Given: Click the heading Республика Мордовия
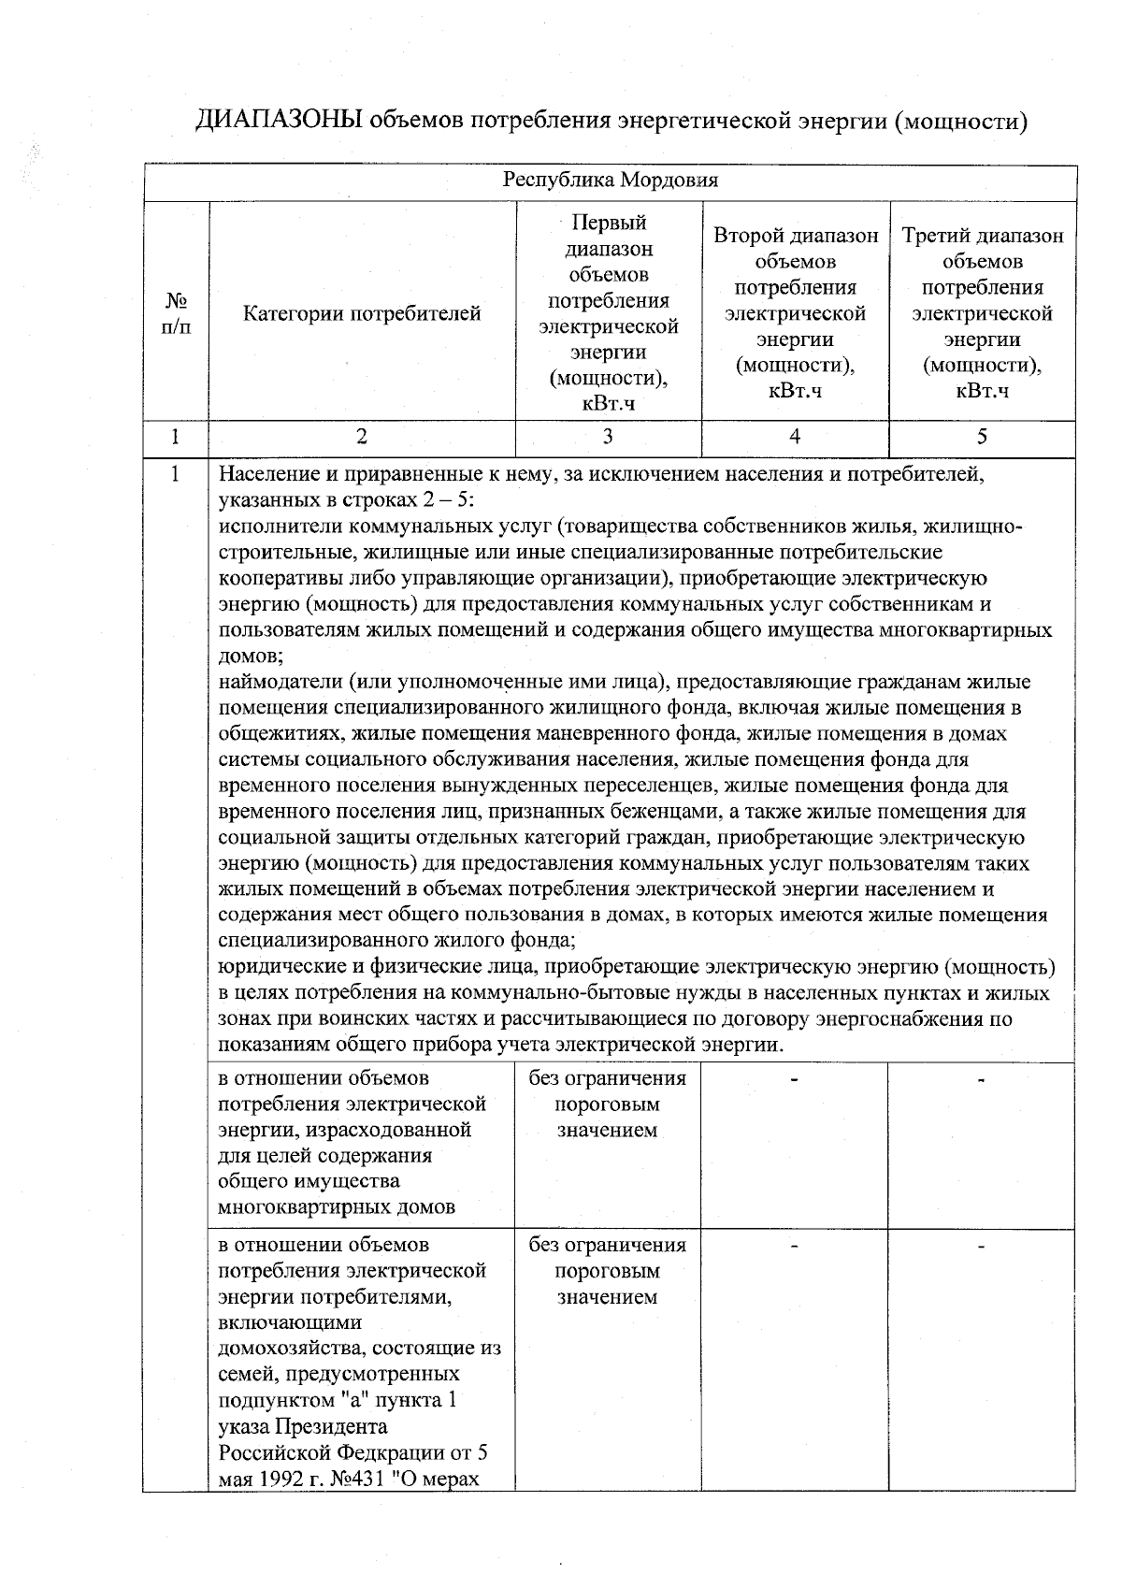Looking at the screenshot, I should tap(611, 180).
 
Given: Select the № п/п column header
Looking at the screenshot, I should tap(176, 313).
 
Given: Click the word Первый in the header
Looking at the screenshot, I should tap(609, 223).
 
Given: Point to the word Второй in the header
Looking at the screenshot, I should tap(747, 236).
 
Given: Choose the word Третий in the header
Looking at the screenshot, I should tap(935, 236).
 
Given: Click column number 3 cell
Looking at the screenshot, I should tap(608, 436).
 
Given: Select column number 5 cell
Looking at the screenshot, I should tap(982, 436).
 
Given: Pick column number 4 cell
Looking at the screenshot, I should tap(795, 436).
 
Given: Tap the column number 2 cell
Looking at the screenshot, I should tap(362, 436).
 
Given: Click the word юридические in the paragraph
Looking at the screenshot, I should tap(275, 966).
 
